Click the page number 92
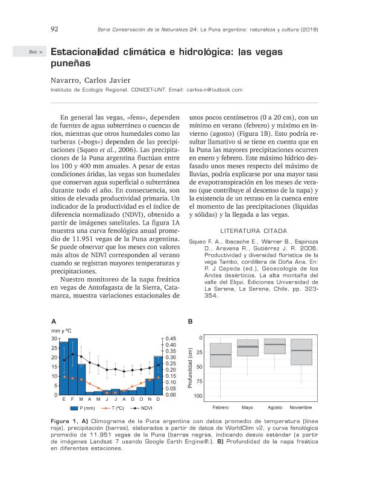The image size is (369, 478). [54, 29]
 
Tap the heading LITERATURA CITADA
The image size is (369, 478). [254, 231]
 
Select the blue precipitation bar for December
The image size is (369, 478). [158, 375]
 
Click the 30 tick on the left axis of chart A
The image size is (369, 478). [54, 339]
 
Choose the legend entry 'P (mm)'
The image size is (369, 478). [85, 409]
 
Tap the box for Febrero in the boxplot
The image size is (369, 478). [221, 355]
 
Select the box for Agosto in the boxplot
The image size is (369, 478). [274, 346]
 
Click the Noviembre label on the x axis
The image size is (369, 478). [301, 408]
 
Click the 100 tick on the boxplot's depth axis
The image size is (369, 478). [198, 396]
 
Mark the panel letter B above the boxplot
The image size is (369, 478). [191, 321]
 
